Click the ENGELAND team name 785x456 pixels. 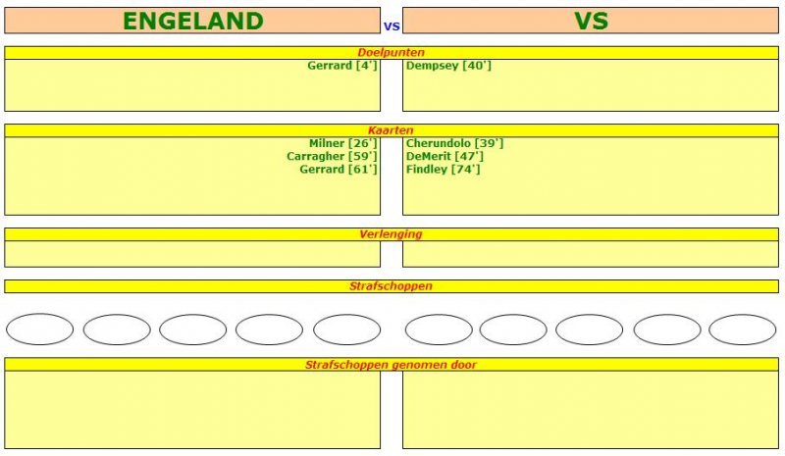192,21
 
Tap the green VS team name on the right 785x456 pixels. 591,21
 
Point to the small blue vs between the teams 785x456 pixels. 392,26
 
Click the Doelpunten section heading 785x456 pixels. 391,53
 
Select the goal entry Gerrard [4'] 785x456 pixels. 341,66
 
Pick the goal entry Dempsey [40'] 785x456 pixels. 448,66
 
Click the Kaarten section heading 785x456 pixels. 391,130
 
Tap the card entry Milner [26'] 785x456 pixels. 342,143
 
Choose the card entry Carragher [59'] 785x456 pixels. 332,157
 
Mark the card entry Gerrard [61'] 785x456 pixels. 338,170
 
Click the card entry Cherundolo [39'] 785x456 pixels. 454,143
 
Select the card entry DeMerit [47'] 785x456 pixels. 445,157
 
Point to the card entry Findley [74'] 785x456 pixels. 444,170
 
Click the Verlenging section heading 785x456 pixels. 391,234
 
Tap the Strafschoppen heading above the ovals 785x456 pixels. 391,286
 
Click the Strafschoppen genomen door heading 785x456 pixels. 391,365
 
